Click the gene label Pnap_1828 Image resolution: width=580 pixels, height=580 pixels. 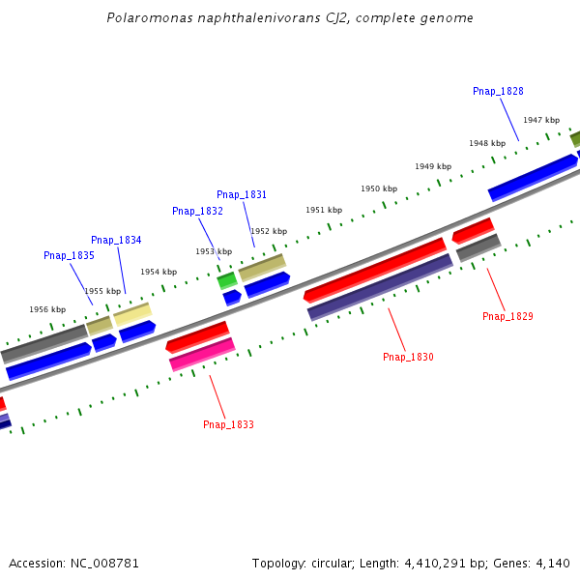pos(498,91)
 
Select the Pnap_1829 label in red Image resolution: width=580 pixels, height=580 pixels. pos(507,316)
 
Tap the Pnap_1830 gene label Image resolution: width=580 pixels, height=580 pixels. pos(408,357)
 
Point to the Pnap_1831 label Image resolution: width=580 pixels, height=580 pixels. pos(242,194)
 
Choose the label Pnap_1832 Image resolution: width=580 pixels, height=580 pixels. pos(197,211)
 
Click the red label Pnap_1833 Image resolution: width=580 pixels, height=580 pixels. pos(228,424)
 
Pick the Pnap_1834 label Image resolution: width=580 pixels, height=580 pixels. pos(116,240)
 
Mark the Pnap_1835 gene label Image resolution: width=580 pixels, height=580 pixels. pos(69,255)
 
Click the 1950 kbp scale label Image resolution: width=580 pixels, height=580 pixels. pos(379,188)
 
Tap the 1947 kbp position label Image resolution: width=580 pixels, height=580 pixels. pos(541,120)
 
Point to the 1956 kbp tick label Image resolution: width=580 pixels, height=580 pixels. pos(47,309)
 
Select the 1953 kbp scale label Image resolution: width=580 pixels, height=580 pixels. pos(214,251)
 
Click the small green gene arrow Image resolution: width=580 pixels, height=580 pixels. pos(227,280)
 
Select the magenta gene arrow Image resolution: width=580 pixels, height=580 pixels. pos(202,355)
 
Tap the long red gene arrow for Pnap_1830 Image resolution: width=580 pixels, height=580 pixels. pos(375,269)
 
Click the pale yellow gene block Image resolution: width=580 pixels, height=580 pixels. pos(132,314)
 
